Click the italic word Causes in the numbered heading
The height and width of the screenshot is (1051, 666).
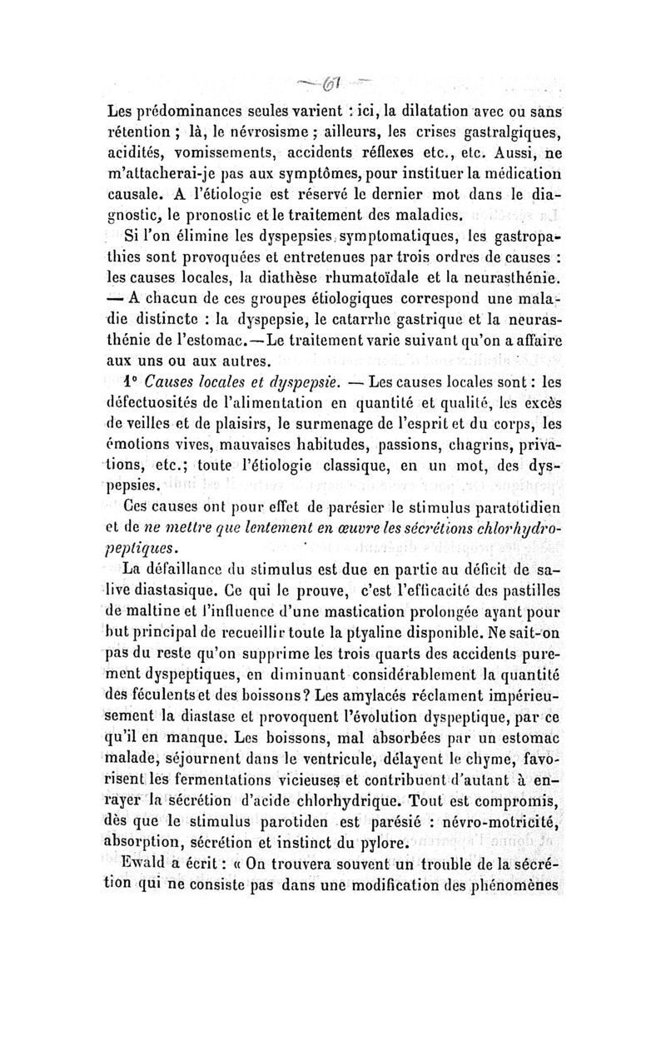(173, 382)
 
